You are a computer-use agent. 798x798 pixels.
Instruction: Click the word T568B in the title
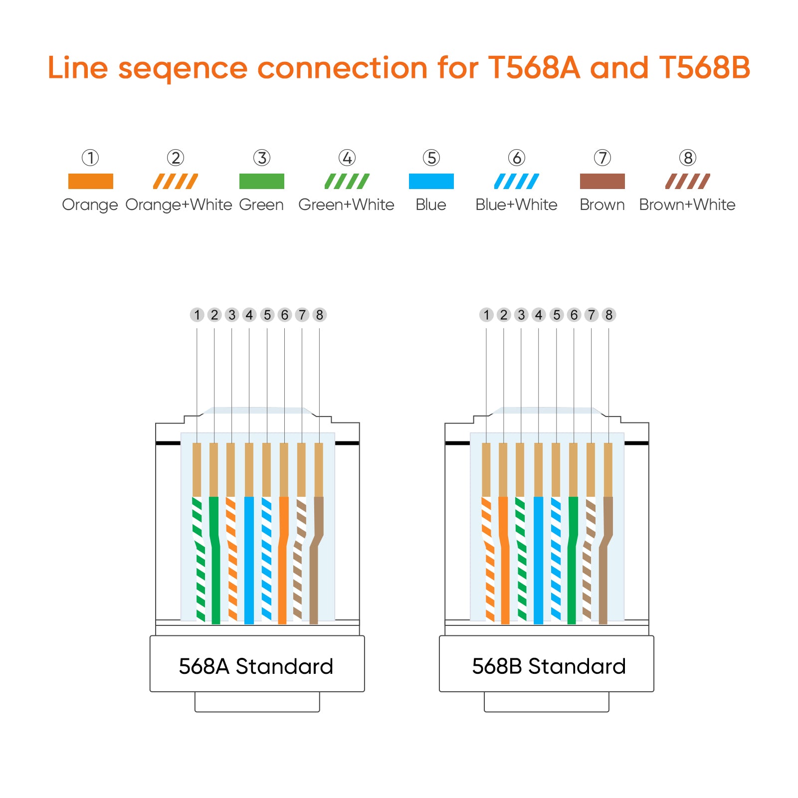click(704, 68)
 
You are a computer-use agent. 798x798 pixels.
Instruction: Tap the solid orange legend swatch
click(91, 181)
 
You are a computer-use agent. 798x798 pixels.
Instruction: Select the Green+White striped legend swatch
click(347, 181)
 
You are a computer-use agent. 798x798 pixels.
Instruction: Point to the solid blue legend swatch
click(431, 181)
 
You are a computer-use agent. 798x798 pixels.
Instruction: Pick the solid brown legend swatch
click(602, 181)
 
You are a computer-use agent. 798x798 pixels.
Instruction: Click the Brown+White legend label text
click(687, 204)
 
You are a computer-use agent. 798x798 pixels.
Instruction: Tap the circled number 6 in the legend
click(517, 158)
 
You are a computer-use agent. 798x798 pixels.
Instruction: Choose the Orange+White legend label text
click(179, 205)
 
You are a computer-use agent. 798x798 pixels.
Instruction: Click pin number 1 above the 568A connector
click(197, 315)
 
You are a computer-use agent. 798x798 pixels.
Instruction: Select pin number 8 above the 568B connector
click(609, 315)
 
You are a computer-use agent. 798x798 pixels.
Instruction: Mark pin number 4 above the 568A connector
click(249, 315)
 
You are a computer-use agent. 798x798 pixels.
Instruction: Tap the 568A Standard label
click(256, 666)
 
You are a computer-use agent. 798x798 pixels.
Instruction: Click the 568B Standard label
click(549, 666)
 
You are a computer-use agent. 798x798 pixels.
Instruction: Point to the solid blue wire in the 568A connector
click(249, 560)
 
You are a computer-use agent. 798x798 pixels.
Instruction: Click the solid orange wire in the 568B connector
click(504, 560)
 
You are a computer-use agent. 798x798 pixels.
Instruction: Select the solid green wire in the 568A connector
click(215, 560)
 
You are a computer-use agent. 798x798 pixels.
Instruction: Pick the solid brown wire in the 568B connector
click(604, 560)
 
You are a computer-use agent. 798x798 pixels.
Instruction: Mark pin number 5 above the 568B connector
click(557, 315)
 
